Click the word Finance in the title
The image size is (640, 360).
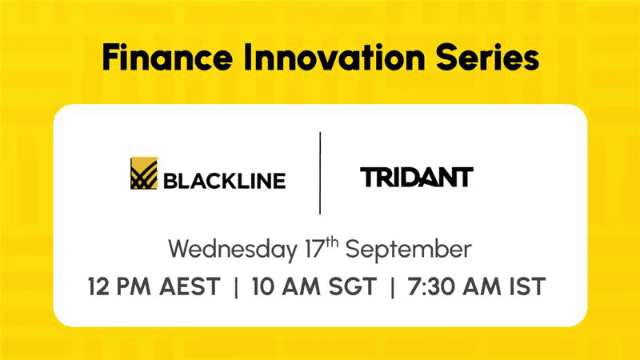coord(167,57)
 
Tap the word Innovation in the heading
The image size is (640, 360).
coord(334,57)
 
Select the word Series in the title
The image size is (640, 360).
coord(487,57)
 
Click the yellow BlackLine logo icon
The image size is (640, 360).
coord(144,173)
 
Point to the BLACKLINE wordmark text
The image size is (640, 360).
coord(225,181)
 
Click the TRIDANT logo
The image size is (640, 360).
coord(417,177)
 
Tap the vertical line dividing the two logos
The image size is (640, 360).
coord(320,173)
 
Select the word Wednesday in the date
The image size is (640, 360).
coord(233,250)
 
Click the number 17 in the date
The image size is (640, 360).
coord(315,249)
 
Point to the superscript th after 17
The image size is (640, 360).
coord(332,242)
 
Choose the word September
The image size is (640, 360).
coord(409,250)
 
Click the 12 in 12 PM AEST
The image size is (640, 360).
coord(98,286)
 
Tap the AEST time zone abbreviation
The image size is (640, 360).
coord(190,286)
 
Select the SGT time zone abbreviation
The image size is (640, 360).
coord(353,286)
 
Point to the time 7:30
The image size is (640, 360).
coord(431,286)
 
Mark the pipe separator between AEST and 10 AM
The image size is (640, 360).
coord(236,287)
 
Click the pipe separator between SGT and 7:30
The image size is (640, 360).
coord(392,287)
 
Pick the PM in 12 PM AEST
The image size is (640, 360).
coord(134,286)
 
